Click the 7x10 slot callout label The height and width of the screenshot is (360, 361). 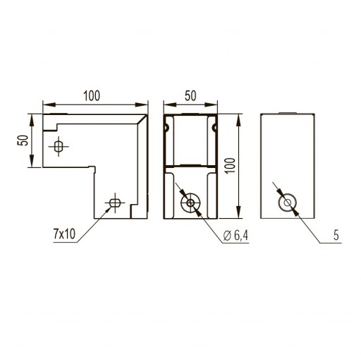click(x=64, y=234)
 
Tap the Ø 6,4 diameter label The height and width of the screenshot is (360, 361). click(x=235, y=235)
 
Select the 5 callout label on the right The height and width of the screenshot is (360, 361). click(x=336, y=235)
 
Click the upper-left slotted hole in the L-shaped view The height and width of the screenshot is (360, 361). click(x=59, y=146)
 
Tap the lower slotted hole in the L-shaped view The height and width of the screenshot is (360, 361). click(x=115, y=203)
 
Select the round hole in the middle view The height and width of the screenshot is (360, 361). click(x=190, y=203)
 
